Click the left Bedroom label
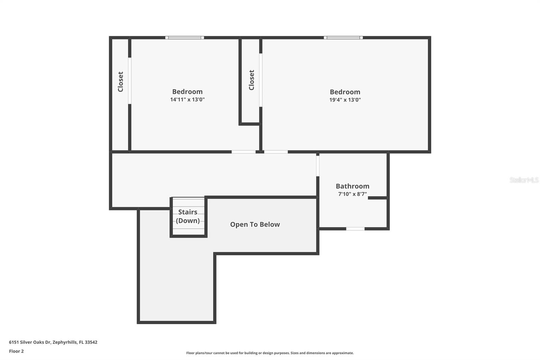[x=187, y=92]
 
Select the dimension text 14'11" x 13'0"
[x=187, y=99]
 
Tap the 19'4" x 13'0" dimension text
[x=345, y=100]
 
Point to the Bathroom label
[x=352, y=186]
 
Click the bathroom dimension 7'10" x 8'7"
[x=352, y=194]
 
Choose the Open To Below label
[x=255, y=224]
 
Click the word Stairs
[x=188, y=212]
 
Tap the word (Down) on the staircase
[x=188, y=221]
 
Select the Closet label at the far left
[x=120, y=81]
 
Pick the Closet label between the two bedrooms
[x=251, y=80]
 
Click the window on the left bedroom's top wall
[x=185, y=37]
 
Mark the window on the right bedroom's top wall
[x=343, y=37]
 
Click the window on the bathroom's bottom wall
[x=355, y=229]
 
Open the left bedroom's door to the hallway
[x=243, y=152]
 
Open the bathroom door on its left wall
[x=318, y=166]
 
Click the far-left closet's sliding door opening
[x=130, y=81]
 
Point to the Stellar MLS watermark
[x=524, y=180]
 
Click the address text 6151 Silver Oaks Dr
[x=30, y=342]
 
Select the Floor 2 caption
[x=17, y=351]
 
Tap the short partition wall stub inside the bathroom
[x=378, y=198]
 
